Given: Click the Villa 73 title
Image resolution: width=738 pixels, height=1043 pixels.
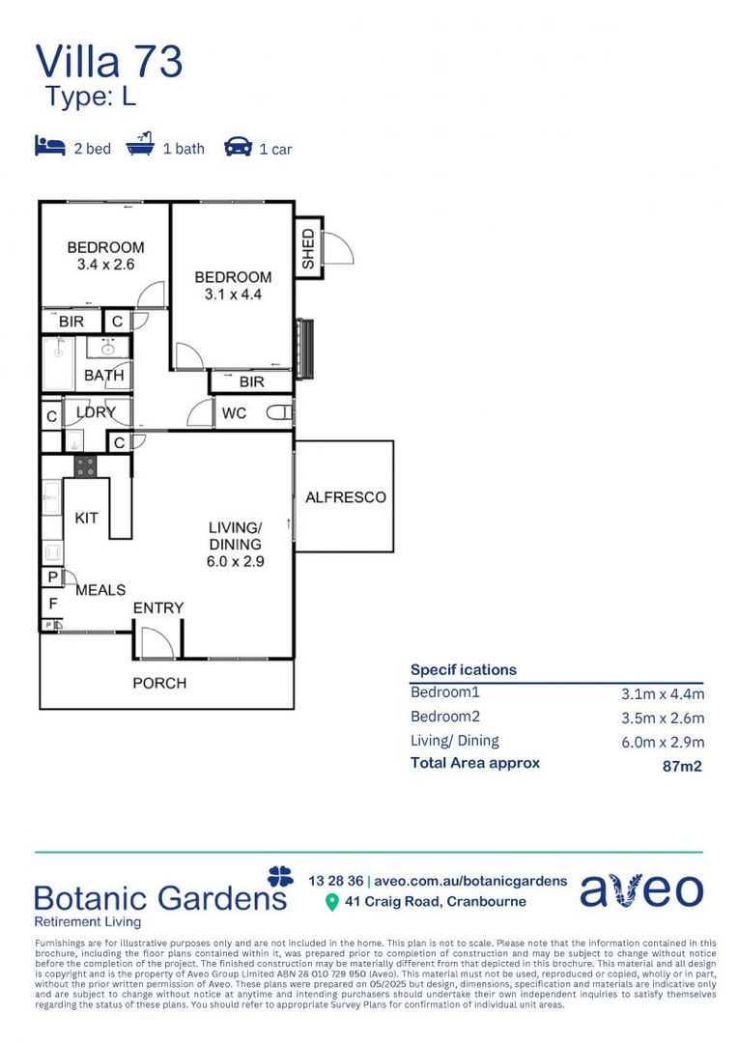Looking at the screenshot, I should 109,62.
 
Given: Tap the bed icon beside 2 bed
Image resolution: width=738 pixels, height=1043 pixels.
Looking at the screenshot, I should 49,147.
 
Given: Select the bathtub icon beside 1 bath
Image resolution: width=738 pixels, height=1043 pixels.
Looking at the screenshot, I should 140,147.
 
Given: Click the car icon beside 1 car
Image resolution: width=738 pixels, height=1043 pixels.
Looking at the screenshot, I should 238,147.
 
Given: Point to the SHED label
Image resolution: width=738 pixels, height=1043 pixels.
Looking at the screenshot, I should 308,249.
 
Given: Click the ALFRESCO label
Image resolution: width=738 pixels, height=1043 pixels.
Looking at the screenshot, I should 345,497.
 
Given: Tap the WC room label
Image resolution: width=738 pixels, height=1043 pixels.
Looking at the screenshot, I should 234,413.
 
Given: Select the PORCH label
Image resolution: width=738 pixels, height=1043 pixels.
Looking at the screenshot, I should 159,683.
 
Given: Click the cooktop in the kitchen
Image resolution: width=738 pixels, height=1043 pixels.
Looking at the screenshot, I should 85,465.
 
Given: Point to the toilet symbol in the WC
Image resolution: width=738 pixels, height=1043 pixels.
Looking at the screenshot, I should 279,413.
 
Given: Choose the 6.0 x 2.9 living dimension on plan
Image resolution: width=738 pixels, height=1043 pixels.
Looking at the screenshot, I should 235,560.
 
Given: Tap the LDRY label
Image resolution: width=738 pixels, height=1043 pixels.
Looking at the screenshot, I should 96,412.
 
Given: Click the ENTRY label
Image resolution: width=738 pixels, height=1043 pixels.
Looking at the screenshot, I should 158,607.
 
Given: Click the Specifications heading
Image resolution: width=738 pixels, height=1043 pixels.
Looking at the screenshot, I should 463,669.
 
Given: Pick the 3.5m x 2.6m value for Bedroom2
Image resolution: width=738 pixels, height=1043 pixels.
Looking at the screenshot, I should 662,718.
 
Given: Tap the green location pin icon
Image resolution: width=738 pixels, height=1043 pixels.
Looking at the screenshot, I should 332,902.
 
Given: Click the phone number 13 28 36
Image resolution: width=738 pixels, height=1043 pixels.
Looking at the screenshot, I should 335,881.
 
